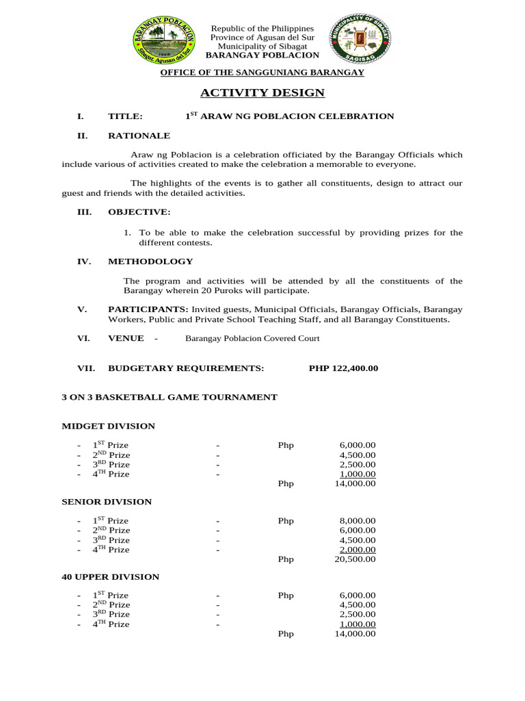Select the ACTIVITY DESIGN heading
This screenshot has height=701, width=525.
coord(262,93)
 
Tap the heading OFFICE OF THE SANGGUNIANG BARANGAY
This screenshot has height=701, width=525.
coord(262,73)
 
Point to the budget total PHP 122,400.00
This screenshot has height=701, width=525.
coord(343,368)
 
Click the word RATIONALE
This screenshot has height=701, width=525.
coord(139,136)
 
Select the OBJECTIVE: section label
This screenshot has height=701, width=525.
coord(139,213)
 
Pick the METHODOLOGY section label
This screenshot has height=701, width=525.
coord(150,262)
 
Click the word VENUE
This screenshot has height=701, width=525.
coord(126,338)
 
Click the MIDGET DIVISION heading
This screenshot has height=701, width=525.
coord(109,426)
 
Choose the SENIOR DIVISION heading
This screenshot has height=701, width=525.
coord(107,502)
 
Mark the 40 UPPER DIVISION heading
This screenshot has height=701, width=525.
coord(111,577)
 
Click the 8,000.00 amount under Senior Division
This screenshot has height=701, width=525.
coord(358,521)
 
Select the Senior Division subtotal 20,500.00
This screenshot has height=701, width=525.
coord(355,559)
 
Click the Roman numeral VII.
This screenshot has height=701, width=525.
coord(85,368)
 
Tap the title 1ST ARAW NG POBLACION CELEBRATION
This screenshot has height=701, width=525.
coord(290,116)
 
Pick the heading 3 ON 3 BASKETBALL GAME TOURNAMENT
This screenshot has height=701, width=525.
coord(170,397)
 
